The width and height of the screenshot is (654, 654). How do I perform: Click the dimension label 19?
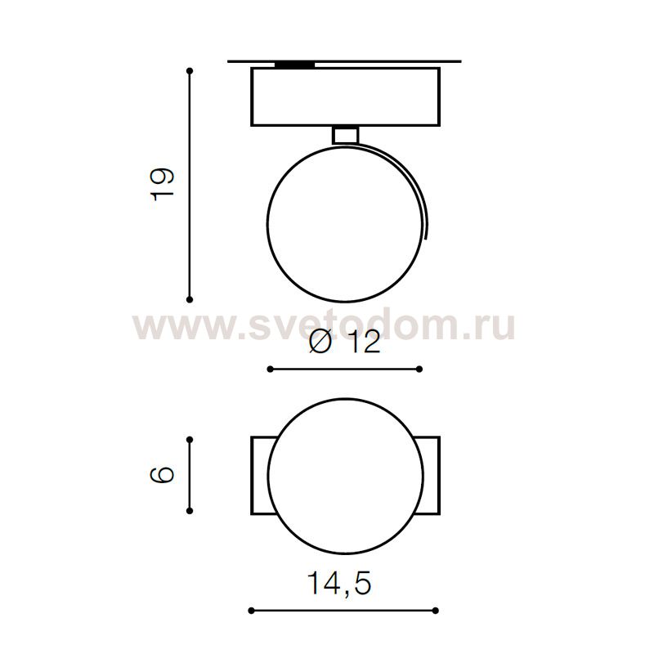(161, 185)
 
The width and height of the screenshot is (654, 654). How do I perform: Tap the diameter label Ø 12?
(344, 342)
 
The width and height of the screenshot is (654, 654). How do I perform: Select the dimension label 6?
(161, 475)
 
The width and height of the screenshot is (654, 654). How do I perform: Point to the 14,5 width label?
(338, 583)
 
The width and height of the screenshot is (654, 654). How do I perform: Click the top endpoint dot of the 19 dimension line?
(190, 71)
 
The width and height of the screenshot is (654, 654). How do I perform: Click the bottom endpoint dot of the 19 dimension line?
(190, 299)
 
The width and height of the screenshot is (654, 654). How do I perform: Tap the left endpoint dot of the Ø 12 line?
(271, 370)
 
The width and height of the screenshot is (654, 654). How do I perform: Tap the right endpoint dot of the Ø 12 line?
(419, 370)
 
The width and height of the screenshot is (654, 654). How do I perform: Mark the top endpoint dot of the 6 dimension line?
(190, 440)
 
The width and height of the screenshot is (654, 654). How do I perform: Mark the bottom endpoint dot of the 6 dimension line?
(190, 510)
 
